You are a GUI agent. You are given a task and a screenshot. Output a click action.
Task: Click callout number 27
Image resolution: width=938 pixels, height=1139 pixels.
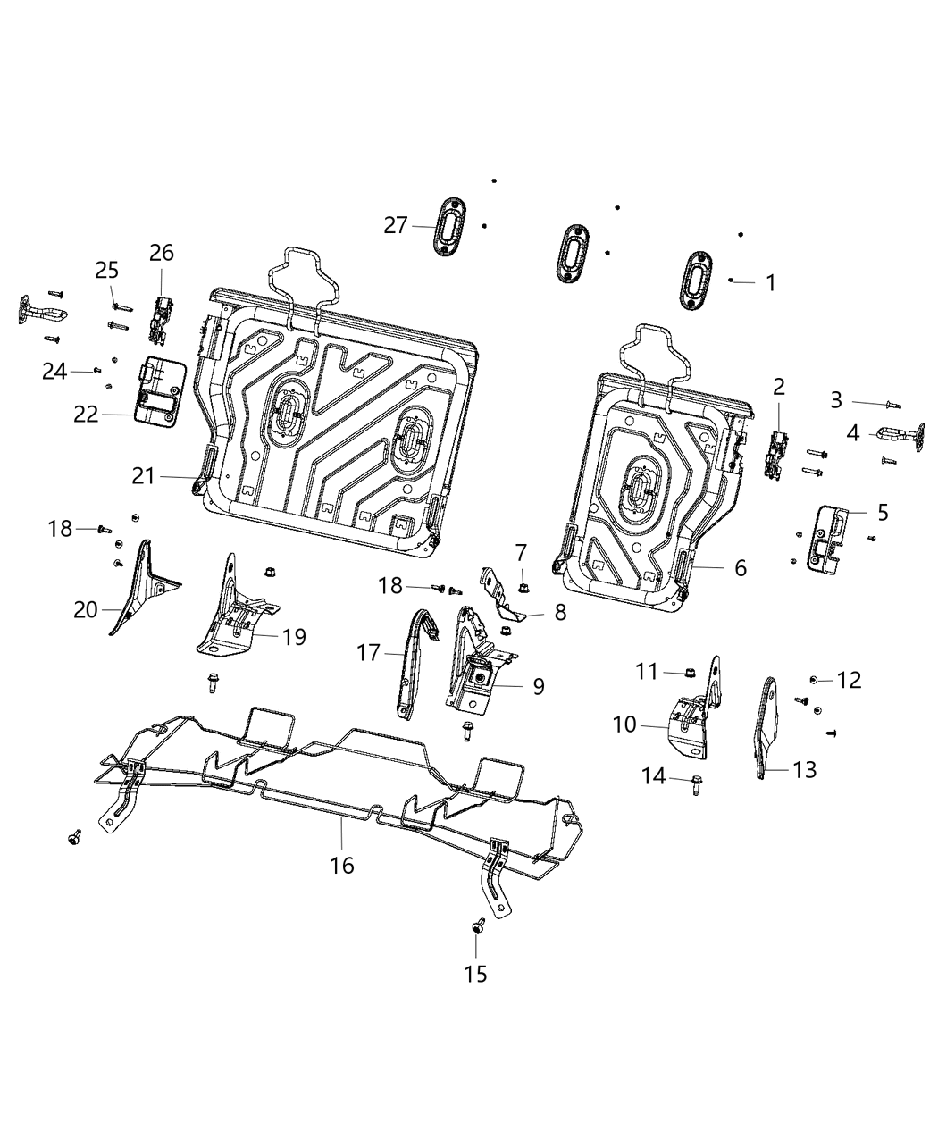click(x=396, y=226)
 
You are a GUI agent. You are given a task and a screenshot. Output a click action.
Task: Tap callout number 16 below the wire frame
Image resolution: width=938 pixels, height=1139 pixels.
click(x=342, y=865)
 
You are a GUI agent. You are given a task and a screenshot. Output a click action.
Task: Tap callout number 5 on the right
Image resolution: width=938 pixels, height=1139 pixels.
click(x=883, y=512)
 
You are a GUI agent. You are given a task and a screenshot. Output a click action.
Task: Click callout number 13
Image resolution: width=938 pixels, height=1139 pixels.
click(x=805, y=769)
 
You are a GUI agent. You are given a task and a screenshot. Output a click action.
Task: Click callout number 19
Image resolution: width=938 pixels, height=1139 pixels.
click(x=294, y=637)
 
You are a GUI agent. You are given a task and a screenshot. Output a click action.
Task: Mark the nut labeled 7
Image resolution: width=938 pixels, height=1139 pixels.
click(x=523, y=587)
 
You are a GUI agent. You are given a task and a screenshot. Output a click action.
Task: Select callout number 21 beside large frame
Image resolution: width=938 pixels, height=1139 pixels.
click(x=144, y=477)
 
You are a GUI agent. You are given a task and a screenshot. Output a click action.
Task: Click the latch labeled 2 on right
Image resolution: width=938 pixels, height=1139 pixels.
click(x=775, y=453)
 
